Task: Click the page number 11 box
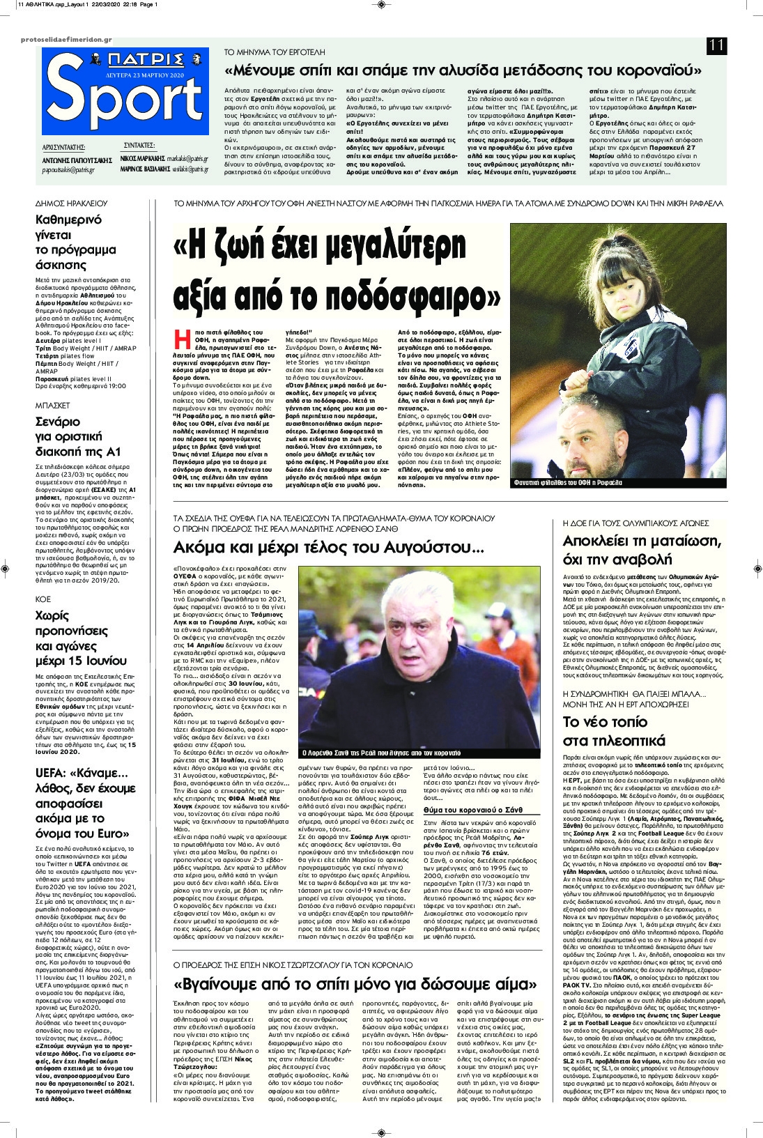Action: [x=716, y=46]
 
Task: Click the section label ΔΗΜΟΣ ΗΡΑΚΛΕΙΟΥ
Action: [x=71, y=203]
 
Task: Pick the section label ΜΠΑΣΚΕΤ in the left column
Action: [x=53, y=403]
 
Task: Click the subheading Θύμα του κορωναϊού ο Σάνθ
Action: [x=472, y=810]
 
